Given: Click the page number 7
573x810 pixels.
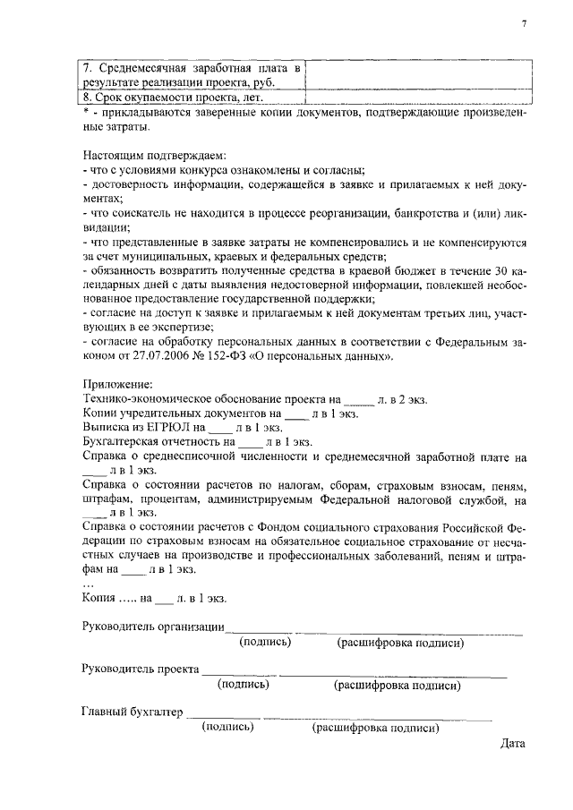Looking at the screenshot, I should (524, 24).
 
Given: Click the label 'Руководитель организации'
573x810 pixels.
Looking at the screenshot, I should (152, 627).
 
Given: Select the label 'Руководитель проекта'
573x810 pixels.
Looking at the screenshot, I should (140, 669).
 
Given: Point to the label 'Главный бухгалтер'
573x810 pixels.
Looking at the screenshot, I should (131, 712).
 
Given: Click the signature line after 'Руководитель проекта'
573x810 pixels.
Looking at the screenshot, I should (238, 673).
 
